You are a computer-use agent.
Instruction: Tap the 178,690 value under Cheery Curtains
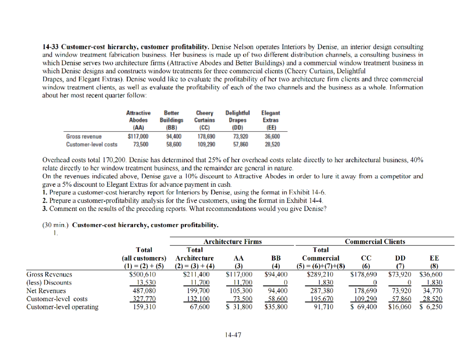[205, 137]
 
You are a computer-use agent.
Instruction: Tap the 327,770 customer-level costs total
[143, 298]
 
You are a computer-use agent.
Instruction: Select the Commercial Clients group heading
[375, 242]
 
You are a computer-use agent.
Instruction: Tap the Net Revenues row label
[41, 290]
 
